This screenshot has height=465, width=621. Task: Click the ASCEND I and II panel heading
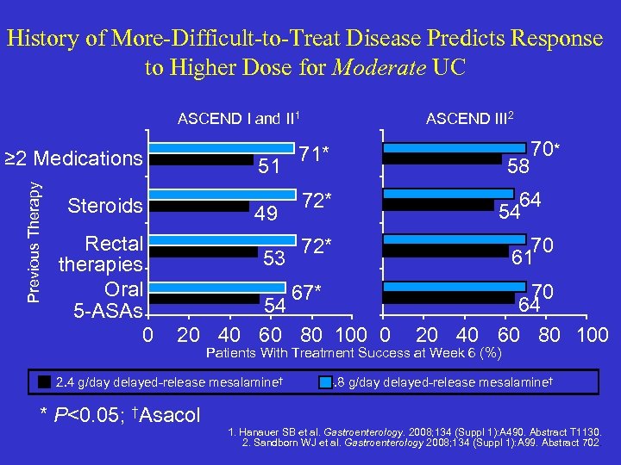pyautogui.click(x=238, y=119)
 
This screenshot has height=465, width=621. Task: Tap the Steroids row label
pyautogui.click(x=104, y=206)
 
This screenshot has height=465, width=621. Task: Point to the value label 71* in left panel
pyautogui.click(x=316, y=154)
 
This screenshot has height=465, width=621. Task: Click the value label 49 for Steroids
pyautogui.click(x=267, y=213)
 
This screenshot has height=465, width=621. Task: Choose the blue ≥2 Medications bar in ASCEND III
pyautogui.click(x=456, y=147)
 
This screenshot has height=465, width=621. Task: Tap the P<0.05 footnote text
pyautogui.click(x=120, y=415)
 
